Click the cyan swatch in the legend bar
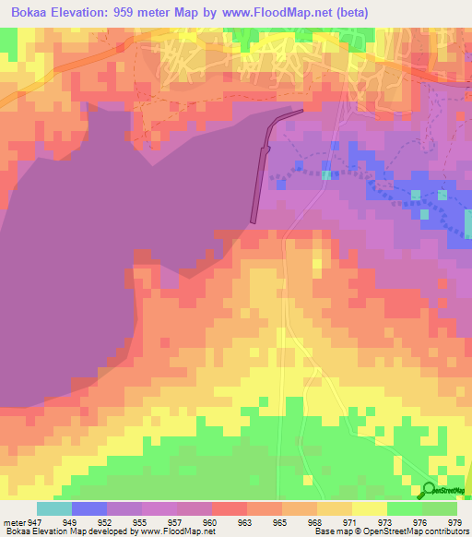tap(54, 508)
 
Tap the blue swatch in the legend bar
tap(89, 508)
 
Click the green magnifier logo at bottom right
tap(430, 490)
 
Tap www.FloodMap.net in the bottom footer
tap(174, 531)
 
